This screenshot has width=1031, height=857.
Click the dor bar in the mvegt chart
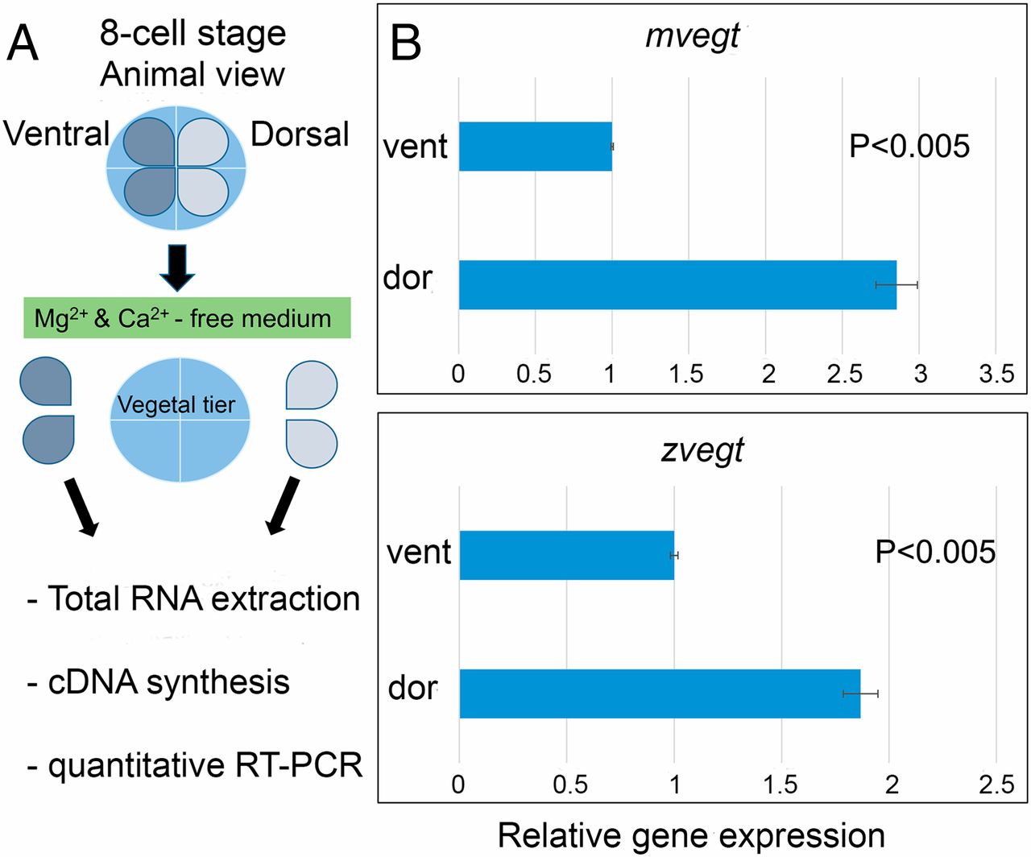point(677,285)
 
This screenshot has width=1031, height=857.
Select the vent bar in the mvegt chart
point(535,147)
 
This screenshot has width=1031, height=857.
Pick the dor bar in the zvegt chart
point(659,693)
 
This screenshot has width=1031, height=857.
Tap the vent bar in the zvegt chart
point(566,555)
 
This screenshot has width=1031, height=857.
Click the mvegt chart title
point(692,37)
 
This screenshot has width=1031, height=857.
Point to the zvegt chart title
point(702,450)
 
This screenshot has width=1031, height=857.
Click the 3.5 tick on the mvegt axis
point(996,374)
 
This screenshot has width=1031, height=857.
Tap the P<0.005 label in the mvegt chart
point(909,147)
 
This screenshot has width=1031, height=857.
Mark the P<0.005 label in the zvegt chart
point(935,552)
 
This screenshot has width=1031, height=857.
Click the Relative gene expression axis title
point(691,835)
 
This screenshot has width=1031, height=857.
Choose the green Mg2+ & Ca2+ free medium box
point(187,318)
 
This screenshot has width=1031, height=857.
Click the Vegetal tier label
point(176,404)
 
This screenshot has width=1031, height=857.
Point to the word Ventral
point(56,134)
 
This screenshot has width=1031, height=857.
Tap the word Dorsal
point(300,134)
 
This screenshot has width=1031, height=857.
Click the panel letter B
point(405,42)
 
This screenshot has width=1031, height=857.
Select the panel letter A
point(23,42)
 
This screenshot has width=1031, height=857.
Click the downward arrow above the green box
point(177,267)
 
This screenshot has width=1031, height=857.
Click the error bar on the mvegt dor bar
point(896,285)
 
